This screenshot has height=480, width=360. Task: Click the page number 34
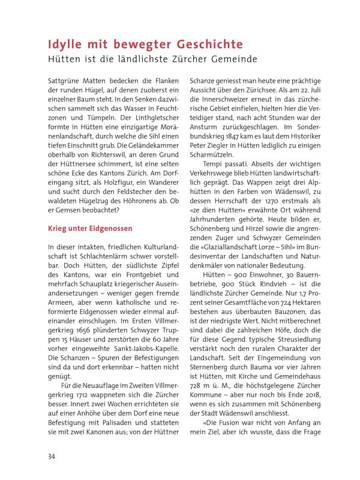(52, 457)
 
